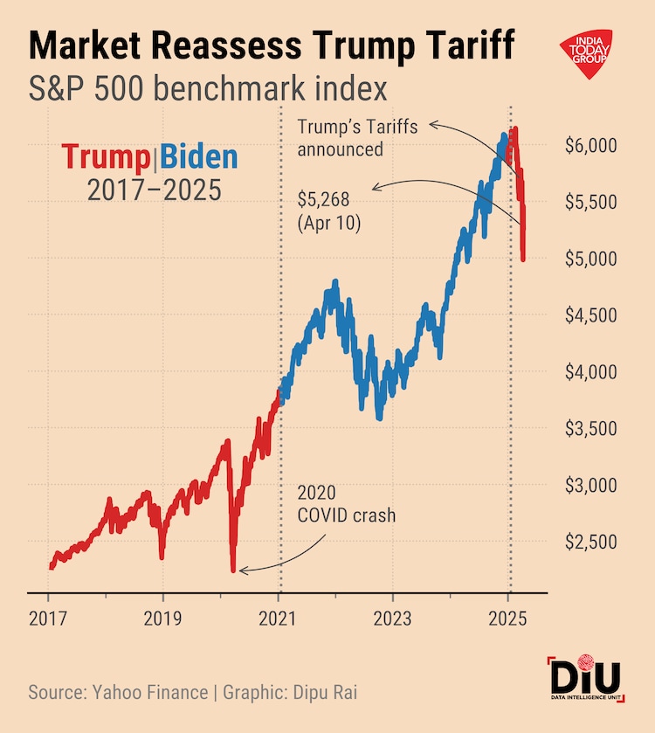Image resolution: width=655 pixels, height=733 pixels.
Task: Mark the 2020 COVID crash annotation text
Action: tap(347, 505)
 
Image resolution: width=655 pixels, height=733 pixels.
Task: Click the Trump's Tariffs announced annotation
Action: tap(357, 137)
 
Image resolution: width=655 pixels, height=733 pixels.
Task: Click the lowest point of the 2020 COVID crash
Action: tap(233, 570)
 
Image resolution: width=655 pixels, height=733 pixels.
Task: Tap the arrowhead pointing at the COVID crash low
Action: tap(243, 571)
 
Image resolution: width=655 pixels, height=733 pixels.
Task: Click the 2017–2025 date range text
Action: tap(154, 190)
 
